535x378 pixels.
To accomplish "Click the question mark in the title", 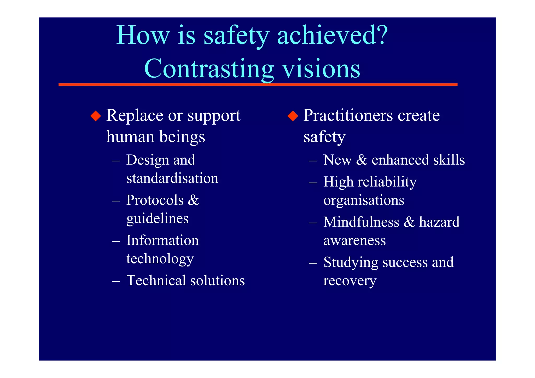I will (381, 35).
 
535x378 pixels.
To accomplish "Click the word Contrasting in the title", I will (209, 69).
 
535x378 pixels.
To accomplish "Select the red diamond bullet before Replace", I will (96, 116).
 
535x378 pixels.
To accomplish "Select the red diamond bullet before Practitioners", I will (293, 116).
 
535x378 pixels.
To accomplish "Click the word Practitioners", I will (348, 115).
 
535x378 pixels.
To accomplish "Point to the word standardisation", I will (172, 178).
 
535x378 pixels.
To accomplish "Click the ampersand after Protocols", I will (193, 200).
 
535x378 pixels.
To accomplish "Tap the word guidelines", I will (157, 219).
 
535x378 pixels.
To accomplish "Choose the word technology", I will (160, 259).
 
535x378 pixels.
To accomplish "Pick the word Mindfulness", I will (361, 222).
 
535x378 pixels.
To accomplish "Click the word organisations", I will (364, 201).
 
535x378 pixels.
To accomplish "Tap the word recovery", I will (350, 281).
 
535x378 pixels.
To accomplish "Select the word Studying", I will (351, 263).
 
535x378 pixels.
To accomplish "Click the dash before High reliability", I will (312, 183).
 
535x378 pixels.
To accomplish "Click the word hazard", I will (439, 222).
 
